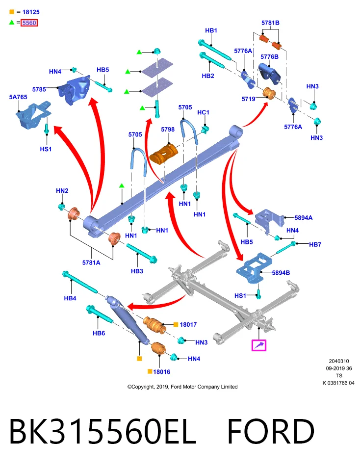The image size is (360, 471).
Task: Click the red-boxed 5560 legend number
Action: (x=29, y=23)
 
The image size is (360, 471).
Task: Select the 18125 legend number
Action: (x=31, y=12)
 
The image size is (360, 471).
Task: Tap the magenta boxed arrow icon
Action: (x=259, y=345)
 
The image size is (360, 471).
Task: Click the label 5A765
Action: (x=18, y=97)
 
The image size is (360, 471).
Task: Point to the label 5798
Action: (x=168, y=130)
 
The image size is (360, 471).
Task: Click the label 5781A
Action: (x=91, y=262)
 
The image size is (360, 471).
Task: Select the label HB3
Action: (x=137, y=271)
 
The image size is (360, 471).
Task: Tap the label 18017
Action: (x=188, y=324)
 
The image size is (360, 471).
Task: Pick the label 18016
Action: (x=161, y=372)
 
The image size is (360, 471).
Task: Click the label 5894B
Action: (x=281, y=273)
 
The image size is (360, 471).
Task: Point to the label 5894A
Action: (x=304, y=218)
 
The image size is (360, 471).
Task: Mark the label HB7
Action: (x=315, y=244)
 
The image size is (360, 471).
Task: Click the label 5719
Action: (x=248, y=99)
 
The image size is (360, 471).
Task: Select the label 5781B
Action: (x=271, y=23)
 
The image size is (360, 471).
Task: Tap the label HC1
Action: (x=203, y=112)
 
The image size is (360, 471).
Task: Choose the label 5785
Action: (x=39, y=89)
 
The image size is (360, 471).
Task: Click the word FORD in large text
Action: (x=271, y=431)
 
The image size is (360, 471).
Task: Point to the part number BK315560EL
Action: (x=103, y=431)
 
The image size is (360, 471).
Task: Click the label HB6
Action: (x=99, y=333)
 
